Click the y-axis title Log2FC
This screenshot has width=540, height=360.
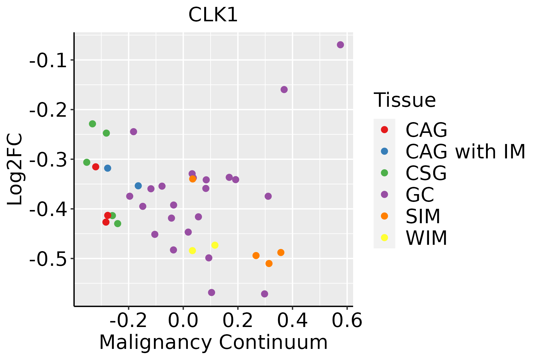tap(15, 169)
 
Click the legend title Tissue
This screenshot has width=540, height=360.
tap(405, 100)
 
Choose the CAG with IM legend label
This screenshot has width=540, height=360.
tap(465, 151)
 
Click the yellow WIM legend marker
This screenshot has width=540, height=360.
tap(384, 238)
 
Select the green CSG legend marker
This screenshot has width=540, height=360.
tap(384, 173)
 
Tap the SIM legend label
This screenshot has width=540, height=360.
tap(423, 216)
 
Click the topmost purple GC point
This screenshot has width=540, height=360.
tap(340, 45)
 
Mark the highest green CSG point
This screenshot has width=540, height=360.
tap(92, 124)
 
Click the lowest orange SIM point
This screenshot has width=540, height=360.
tap(269, 263)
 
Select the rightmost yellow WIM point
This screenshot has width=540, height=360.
tap(215, 245)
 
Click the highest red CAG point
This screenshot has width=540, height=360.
tap(96, 167)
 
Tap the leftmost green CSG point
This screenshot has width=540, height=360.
tap(87, 162)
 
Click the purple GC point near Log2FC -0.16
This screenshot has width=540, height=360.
tap(284, 89)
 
